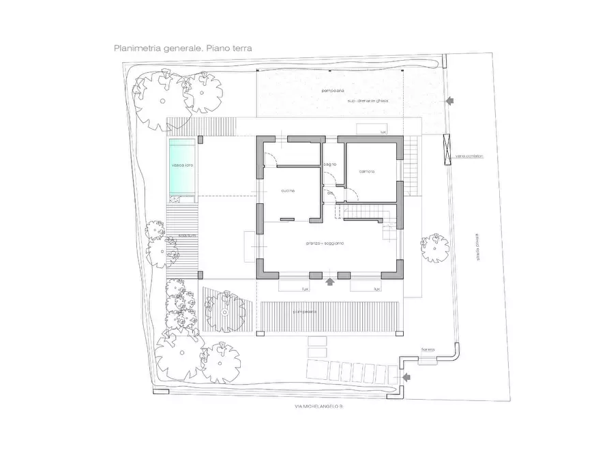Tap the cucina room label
tap(286, 190)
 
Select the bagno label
tap(330, 164)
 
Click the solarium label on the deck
tap(188, 235)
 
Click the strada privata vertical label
tap(478, 246)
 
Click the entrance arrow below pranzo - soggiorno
tap(330, 280)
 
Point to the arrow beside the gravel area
tap(449, 101)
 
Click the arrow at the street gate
tap(407, 377)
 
